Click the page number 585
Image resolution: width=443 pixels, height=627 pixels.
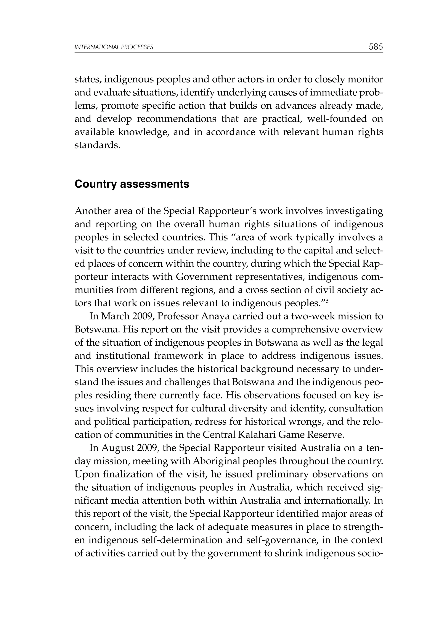(x=376, y=47)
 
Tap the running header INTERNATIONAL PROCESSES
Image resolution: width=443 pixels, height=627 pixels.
(x=114, y=47)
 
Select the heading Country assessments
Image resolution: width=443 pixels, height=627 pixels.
(x=132, y=184)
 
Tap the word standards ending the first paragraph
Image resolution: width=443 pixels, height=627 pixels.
(x=97, y=145)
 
